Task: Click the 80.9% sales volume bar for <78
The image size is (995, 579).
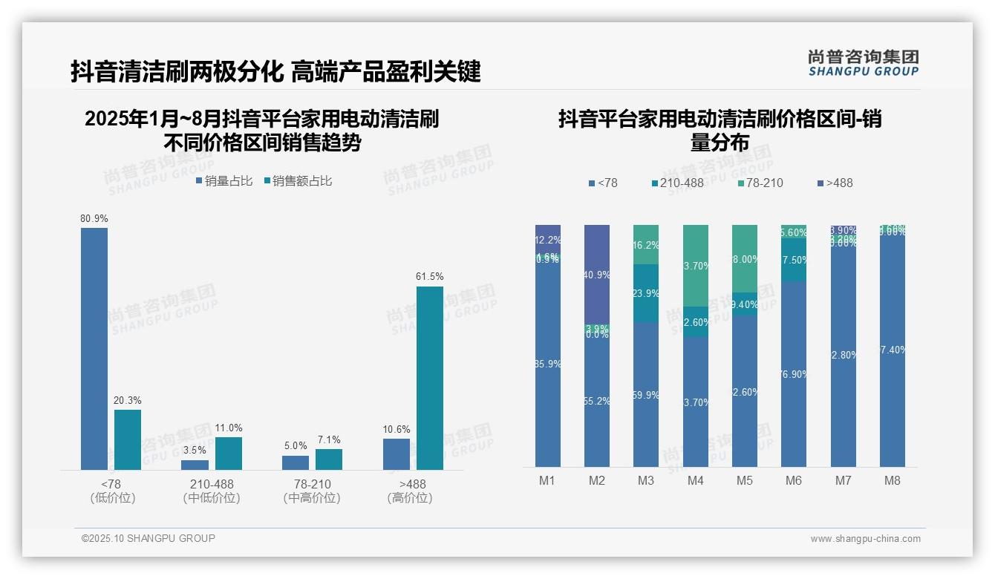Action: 94,348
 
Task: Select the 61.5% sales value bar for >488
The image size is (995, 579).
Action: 429,378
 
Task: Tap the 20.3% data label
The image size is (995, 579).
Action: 127,400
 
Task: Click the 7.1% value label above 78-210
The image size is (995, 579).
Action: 328,440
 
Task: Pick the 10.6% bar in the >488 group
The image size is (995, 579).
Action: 397,454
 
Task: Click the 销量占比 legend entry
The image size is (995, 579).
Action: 224,181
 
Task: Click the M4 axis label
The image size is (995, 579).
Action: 695,480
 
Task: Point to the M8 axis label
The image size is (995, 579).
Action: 892,480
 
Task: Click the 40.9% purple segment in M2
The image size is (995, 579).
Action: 596,274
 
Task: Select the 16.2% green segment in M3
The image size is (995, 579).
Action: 645,244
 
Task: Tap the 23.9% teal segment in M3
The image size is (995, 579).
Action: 645,293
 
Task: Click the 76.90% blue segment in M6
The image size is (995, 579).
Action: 793,373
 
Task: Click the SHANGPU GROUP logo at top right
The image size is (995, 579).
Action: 863,63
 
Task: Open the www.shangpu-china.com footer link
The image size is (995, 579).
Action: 865,539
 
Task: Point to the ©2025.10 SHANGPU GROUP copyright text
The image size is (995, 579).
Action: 149,538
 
